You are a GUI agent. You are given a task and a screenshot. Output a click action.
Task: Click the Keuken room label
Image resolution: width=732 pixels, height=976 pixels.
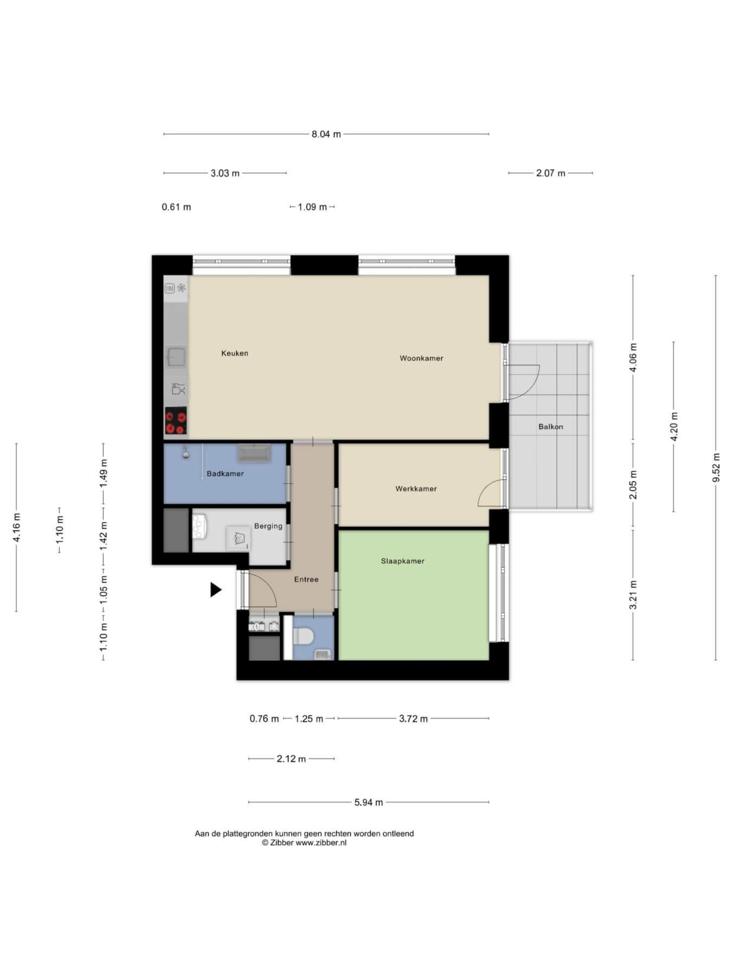[x=235, y=353]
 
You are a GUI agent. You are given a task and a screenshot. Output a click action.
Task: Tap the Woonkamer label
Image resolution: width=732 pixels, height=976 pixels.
[x=421, y=358]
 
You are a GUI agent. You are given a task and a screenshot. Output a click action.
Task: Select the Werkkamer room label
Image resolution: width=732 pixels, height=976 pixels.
[x=416, y=489]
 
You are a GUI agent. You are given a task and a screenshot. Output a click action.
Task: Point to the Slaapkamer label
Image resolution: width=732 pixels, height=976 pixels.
[x=402, y=561]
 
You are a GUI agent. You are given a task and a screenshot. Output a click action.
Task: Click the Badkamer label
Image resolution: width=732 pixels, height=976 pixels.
[x=225, y=473]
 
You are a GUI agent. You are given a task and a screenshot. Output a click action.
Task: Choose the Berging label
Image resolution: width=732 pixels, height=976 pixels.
[x=268, y=526]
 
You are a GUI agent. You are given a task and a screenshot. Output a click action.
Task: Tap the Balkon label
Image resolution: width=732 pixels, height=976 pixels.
[x=550, y=427]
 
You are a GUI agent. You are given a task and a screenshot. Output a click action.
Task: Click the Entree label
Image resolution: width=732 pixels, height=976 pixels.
[x=306, y=579]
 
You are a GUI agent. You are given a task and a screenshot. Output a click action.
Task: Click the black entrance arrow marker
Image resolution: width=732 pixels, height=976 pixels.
[x=216, y=589]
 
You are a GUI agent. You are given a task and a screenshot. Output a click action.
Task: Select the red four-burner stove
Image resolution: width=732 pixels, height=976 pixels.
[x=176, y=421]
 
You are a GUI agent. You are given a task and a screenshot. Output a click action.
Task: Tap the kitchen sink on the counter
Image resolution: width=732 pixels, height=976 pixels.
[x=176, y=357]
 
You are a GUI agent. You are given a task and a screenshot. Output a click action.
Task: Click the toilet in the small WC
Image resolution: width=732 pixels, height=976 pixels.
[x=302, y=636]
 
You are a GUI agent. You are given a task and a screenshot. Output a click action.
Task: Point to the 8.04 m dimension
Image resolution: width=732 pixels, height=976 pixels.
[x=326, y=134]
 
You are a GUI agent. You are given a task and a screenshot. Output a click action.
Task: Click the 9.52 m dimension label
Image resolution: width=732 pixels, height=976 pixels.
[x=716, y=467]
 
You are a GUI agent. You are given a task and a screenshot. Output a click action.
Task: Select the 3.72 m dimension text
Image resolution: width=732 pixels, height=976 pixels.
[x=413, y=718]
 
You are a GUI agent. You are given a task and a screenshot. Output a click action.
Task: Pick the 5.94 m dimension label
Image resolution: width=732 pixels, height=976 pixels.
[x=369, y=802]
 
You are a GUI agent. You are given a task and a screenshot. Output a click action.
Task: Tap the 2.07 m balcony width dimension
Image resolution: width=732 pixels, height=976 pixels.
[x=550, y=173]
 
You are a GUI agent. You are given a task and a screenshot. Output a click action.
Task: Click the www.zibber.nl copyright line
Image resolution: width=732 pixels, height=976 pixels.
[x=304, y=843]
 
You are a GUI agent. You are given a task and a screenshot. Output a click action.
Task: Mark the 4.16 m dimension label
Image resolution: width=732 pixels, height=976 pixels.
[x=16, y=527]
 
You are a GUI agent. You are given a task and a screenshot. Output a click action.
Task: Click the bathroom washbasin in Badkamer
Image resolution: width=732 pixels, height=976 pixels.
[x=254, y=452]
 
